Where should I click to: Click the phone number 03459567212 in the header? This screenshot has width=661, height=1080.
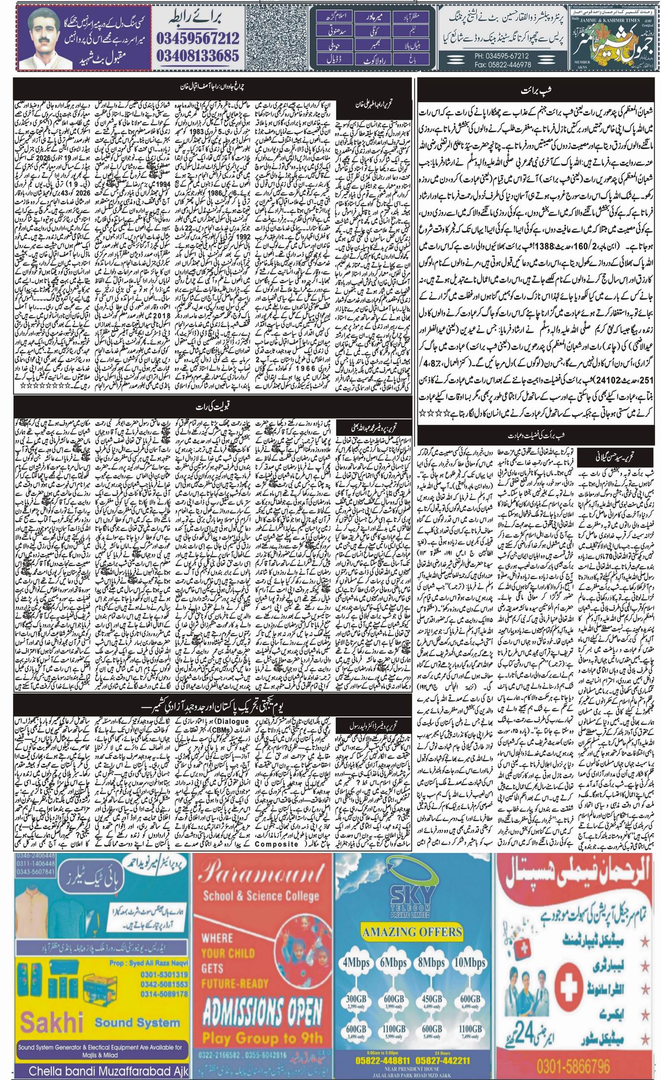pyautogui.click(x=198, y=37)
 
